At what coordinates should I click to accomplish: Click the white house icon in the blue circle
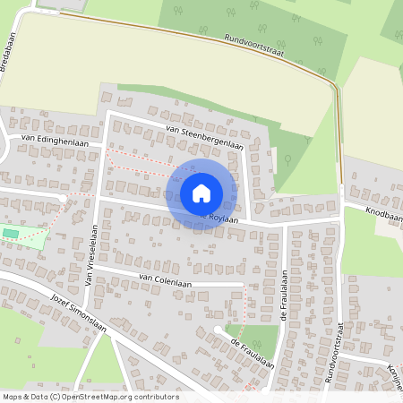(x=201, y=193)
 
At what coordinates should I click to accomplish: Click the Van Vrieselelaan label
(x=90, y=254)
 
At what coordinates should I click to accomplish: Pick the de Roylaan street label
(x=220, y=218)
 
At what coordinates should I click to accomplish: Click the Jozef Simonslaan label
(x=78, y=313)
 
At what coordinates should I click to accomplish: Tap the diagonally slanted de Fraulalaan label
(x=251, y=353)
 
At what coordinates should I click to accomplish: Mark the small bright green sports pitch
(x=11, y=233)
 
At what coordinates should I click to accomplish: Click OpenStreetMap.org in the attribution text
(x=120, y=397)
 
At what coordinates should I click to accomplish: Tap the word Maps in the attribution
(x=12, y=397)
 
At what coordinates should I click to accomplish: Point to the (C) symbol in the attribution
(x=56, y=397)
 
